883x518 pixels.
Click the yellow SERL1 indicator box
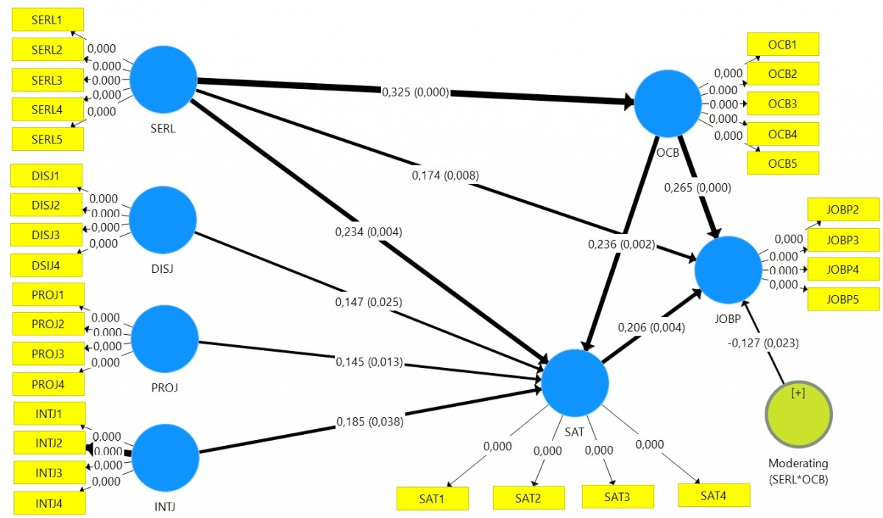47,20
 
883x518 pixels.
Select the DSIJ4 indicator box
46,265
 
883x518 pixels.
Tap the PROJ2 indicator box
47,324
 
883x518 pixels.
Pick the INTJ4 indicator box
49,503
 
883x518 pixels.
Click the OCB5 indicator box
782,163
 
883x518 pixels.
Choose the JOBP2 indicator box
843,210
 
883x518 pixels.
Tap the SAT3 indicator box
617,497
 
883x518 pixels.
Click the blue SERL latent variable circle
164,79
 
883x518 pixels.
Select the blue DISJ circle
163,219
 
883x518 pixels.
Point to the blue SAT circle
575,383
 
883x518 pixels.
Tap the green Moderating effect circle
798,416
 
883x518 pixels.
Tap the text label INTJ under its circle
166,506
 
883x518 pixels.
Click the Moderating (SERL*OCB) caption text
798,471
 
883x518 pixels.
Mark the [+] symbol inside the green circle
798,393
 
